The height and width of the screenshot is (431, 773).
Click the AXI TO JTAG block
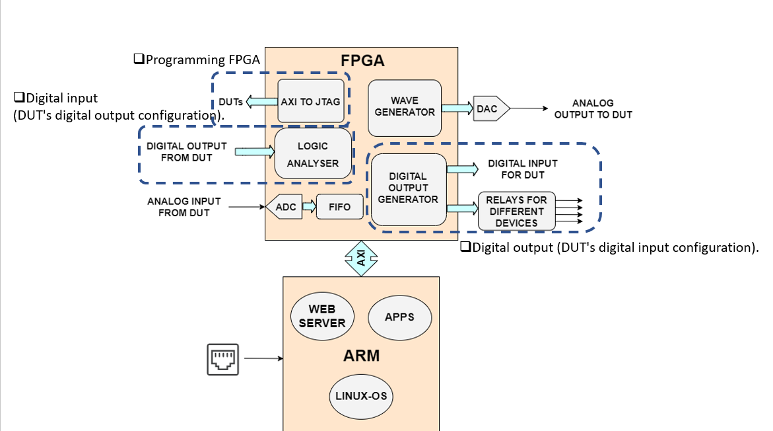pyautogui.click(x=310, y=101)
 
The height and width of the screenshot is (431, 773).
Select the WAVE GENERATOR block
pyautogui.click(x=404, y=108)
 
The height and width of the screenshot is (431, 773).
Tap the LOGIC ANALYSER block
pyautogui.click(x=313, y=153)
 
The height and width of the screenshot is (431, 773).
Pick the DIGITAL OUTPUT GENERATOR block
pyautogui.click(x=409, y=189)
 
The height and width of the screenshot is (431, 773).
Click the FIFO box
pyautogui.click(x=340, y=207)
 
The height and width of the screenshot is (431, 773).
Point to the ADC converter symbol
pyautogui.click(x=284, y=207)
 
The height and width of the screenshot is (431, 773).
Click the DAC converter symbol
pyautogui.click(x=491, y=108)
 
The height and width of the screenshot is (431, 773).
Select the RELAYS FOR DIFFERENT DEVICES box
pyautogui.click(x=517, y=212)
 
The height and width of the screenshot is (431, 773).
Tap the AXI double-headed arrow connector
pyautogui.click(x=361, y=258)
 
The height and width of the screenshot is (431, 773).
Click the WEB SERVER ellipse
pyautogui.click(x=322, y=316)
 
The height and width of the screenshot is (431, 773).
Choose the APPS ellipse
pyautogui.click(x=400, y=317)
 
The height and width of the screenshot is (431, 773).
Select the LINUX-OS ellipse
pyautogui.click(x=361, y=396)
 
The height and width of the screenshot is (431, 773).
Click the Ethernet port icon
pyautogui.click(x=223, y=360)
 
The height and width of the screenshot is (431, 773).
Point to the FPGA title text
pyautogui.click(x=362, y=61)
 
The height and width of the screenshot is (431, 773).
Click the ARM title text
pyautogui.click(x=361, y=356)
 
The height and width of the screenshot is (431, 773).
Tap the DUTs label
pyautogui.click(x=231, y=102)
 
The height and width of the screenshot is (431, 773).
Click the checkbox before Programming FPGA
pyautogui.click(x=139, y=59)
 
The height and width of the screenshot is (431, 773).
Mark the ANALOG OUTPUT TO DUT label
pyautogui.click(x=593, y=108)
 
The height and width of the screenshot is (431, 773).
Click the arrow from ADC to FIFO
pyautogui.click(x=309, y=206)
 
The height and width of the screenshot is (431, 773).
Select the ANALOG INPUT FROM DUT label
pyautogui.click(x=184, y=207)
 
